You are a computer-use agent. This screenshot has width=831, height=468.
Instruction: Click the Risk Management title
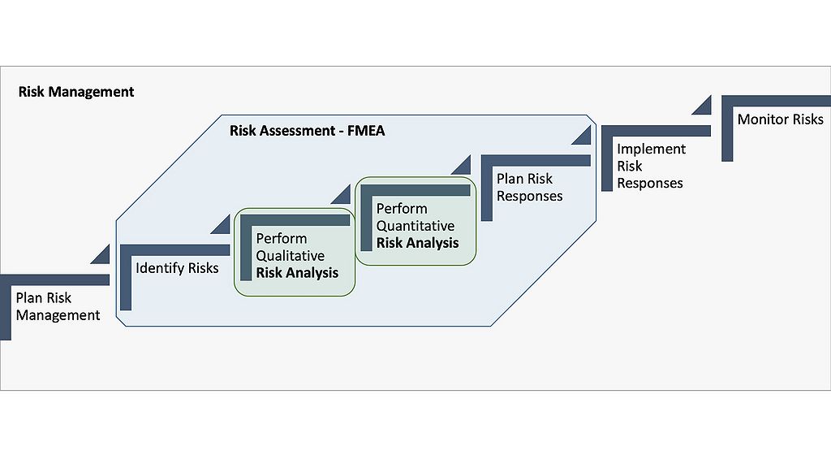point(76,92)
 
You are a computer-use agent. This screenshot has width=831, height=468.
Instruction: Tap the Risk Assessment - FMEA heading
point(307,130)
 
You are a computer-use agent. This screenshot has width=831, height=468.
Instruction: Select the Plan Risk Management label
point(58,307)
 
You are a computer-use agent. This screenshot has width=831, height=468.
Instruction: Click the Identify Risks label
point(177,267)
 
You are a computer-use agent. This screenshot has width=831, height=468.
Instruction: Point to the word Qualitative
point(291,256)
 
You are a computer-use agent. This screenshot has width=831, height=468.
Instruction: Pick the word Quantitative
point(415,226)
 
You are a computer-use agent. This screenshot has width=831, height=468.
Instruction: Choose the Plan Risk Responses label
point(529,187)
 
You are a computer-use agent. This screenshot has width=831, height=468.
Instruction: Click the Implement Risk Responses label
point(651,166)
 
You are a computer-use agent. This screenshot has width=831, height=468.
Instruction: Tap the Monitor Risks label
point(780,119)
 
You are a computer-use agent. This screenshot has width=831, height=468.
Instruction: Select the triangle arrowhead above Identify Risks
point(222,225)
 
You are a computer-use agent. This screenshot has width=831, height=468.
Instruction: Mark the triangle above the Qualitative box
point(341,196)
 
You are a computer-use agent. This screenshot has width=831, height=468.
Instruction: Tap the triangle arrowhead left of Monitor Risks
point(703,106)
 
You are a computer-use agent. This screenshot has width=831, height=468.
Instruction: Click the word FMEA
point(364,130)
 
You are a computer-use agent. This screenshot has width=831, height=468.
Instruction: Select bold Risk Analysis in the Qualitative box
point(297,273)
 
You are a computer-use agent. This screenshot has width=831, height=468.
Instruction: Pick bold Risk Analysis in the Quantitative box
point(417,243)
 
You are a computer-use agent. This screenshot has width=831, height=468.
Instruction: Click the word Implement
point(651,149)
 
